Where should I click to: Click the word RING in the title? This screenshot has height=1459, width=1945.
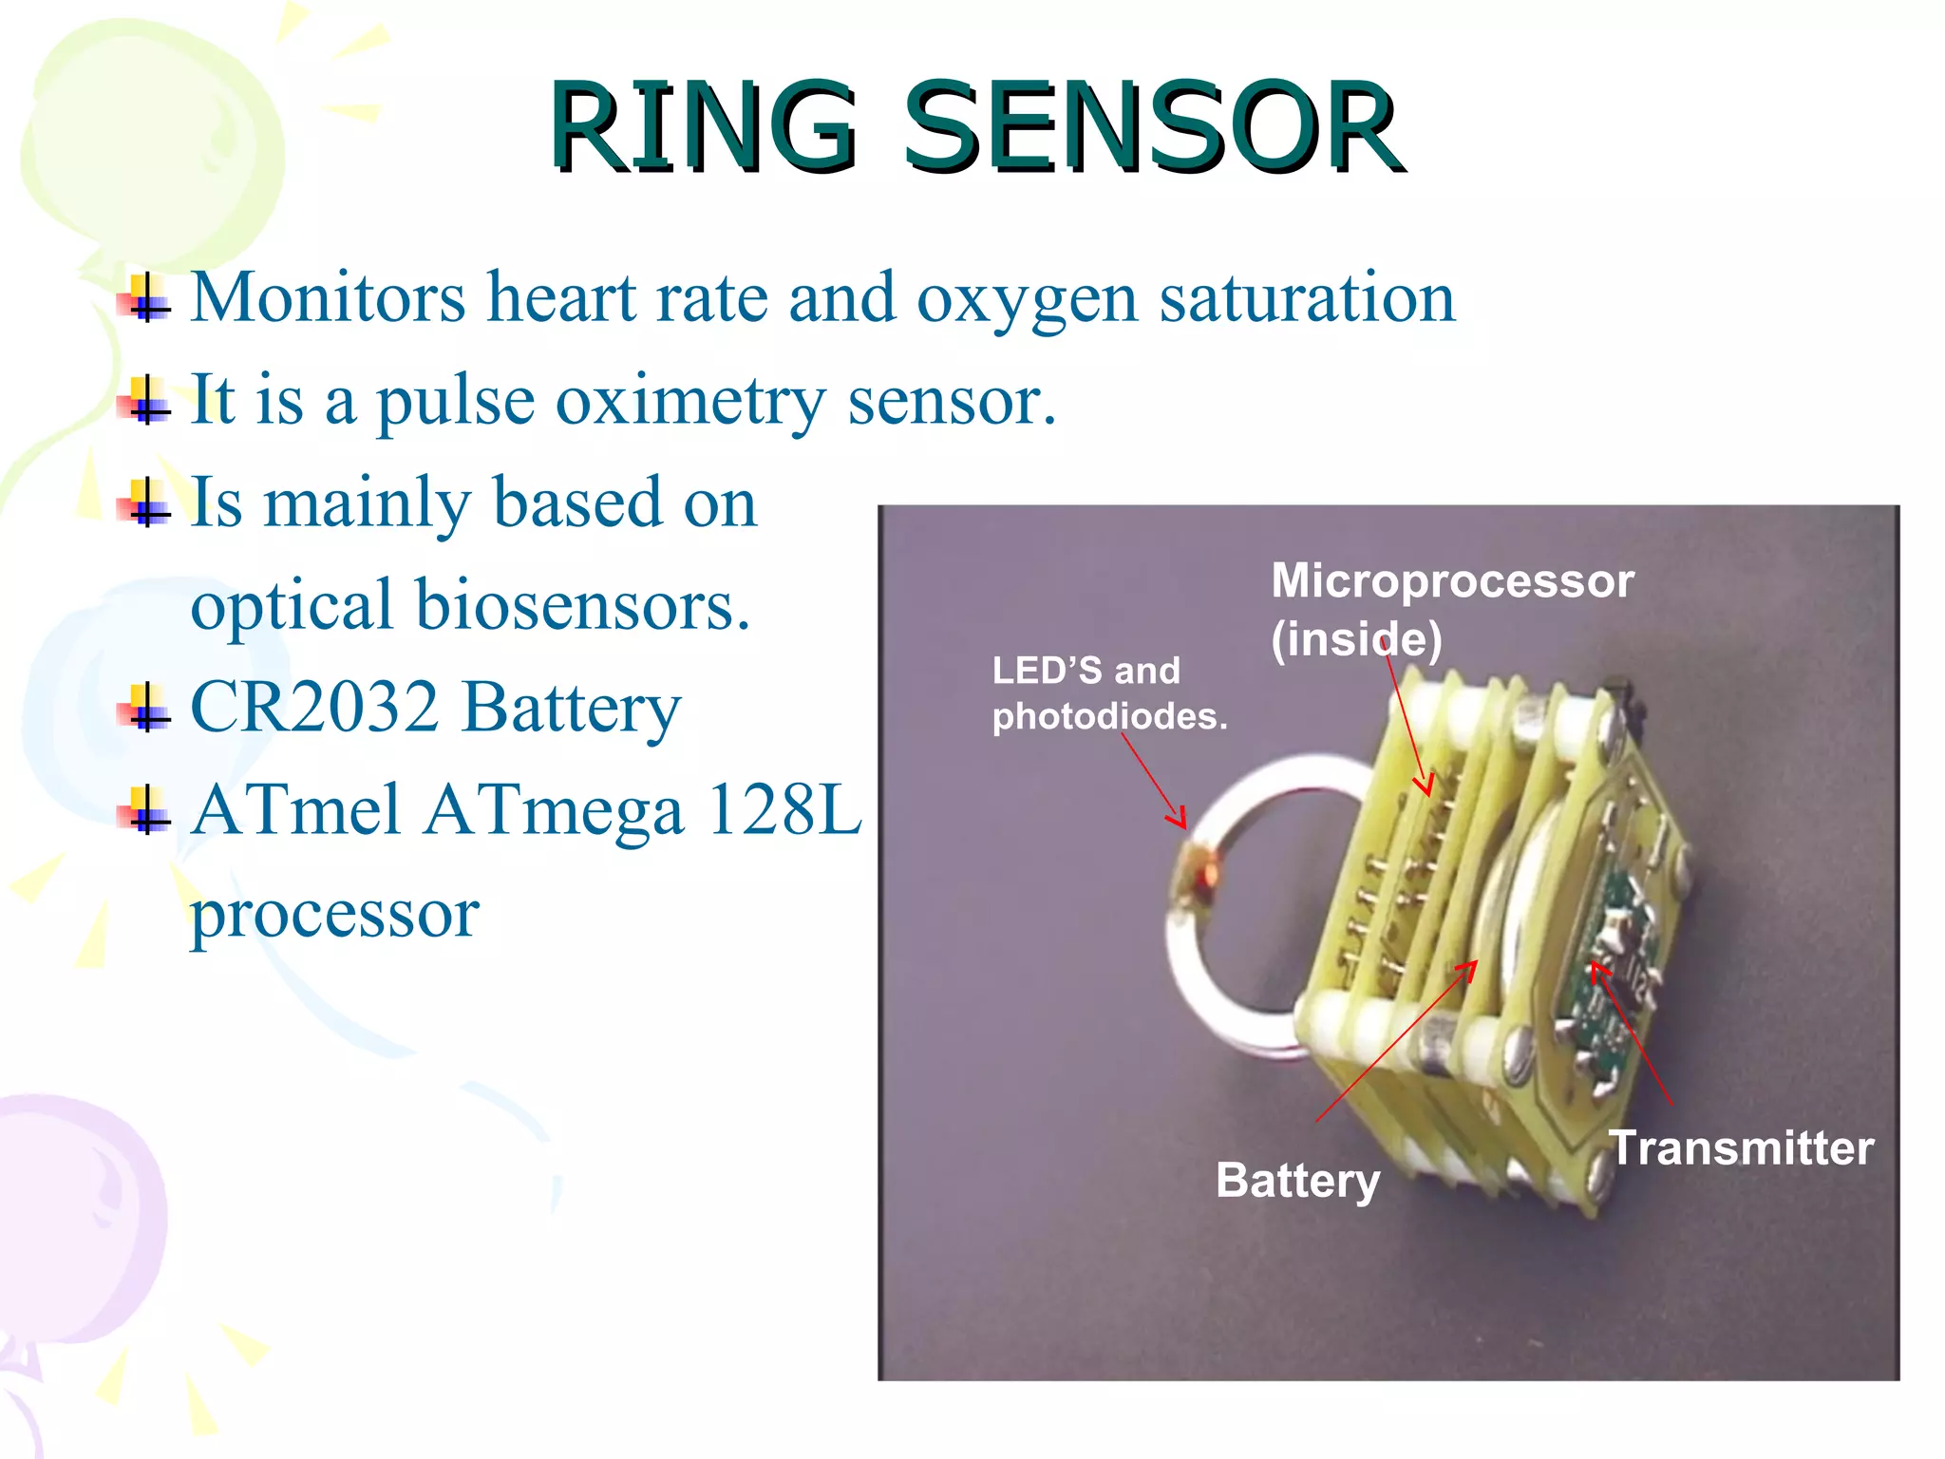click(x=703, y=128)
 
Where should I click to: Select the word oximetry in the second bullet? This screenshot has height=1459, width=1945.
click(x=690, y=401)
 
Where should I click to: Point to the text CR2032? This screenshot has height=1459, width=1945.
click(x=314, y=708)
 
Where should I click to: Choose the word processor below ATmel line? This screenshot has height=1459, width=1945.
click(x=334, y=914)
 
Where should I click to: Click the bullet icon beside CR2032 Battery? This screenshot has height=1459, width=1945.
click(x=144, y=709)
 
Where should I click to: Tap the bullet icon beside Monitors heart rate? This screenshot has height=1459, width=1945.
click(x=144, y=298)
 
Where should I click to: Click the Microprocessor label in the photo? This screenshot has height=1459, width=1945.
click(x=1452, y=580)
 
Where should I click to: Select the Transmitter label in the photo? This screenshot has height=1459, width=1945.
click(x=1741, y=1147)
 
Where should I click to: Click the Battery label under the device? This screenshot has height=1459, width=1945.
click(x=1297, y=1181)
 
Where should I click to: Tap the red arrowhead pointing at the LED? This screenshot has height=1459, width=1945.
click(x=1180, y=819)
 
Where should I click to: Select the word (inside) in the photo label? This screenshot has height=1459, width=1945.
click(x=1356, y=638)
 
